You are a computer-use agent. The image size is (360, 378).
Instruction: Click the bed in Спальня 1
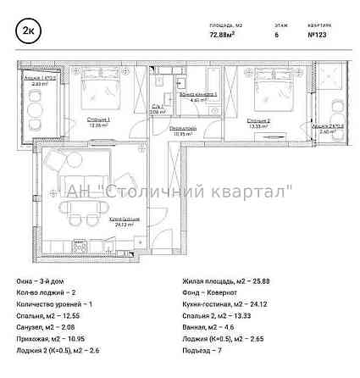(91, 93)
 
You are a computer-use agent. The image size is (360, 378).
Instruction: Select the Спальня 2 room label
(259, 121)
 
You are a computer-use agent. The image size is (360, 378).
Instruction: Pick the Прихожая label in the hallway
(183, 129)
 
